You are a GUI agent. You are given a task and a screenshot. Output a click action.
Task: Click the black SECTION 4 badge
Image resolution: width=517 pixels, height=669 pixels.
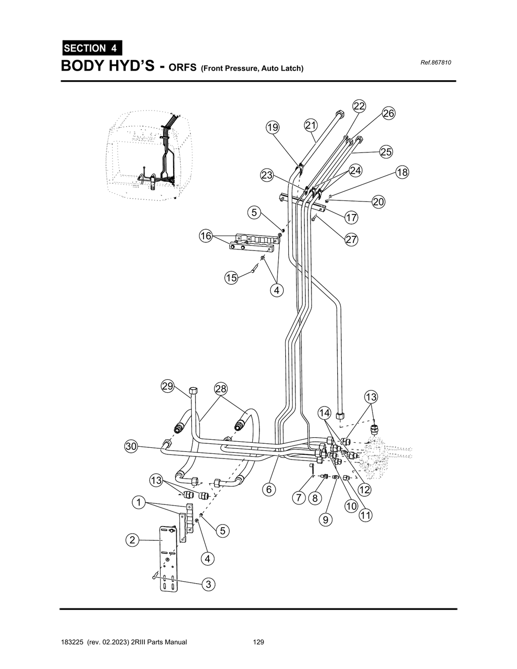click(x=92, y=48)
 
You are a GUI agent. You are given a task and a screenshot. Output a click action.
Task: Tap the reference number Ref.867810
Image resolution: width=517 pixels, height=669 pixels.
click(x=435, y=63)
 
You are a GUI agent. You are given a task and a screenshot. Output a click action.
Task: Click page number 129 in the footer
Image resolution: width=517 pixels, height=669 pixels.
click(x=258, y=642)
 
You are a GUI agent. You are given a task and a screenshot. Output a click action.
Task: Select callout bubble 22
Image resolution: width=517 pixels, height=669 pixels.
click(x=359, y=106)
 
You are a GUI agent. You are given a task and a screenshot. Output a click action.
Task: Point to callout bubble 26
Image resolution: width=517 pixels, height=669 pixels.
click(x=388, y=113)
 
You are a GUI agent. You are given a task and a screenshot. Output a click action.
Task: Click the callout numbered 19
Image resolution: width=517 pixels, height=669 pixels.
click(x=273, y=127)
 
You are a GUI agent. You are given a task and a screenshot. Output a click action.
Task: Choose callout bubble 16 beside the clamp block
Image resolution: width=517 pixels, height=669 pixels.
click(x=205, y=236)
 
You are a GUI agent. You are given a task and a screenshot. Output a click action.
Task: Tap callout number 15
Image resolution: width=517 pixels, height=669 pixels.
click(x=231, y=278)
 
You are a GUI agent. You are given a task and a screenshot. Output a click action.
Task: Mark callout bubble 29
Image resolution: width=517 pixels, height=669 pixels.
click(x=168, y=386)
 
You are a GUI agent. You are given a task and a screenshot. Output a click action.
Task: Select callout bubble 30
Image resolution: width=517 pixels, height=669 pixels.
click(x=131, y=446)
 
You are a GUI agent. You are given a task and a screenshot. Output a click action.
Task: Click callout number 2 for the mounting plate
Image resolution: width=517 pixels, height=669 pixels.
click(x=132, y=540)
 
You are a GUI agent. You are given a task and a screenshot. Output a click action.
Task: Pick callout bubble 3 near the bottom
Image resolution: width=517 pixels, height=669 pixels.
click(x=208, y=584)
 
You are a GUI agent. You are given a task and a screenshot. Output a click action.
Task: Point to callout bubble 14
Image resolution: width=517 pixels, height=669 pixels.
click(x=324, y=413)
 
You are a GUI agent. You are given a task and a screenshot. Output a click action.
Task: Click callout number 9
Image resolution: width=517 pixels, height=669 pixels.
click(x=326, y=520)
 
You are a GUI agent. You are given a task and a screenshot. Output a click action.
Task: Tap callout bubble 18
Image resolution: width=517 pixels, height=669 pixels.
click(x=402, y=172)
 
